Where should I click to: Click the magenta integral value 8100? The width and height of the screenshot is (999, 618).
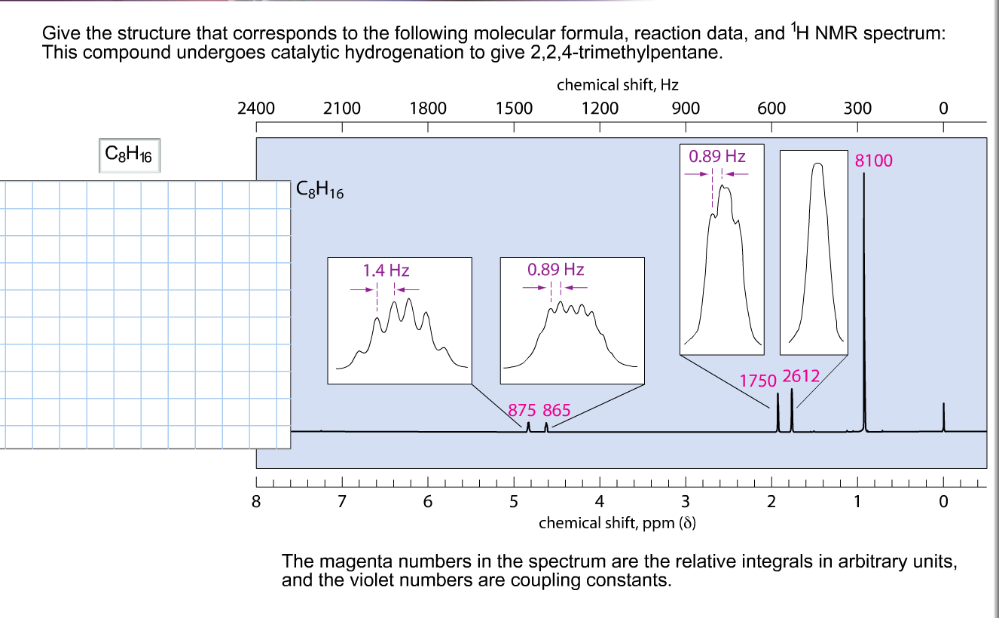[874, 161]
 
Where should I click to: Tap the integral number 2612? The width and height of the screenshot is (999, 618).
[802, 375]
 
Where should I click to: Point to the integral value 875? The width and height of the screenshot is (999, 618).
[522, 411]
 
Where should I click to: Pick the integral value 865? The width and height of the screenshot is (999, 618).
[557, 411]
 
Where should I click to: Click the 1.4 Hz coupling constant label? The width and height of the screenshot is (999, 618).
[386, 271]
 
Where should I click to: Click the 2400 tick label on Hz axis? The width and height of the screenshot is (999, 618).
[256, 109]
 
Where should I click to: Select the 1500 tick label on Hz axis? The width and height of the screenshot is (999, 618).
[514, 109]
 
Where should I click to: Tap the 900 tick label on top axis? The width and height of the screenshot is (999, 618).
[686, 109]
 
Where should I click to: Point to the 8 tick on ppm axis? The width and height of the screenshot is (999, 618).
[256, 500]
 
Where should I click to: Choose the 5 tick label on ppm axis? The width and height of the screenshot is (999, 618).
[514, 500]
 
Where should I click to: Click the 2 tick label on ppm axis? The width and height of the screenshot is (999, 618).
[771, 500]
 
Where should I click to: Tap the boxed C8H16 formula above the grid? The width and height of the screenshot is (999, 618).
[130, 155]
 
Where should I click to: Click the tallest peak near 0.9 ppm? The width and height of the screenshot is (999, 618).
[864, 301]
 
